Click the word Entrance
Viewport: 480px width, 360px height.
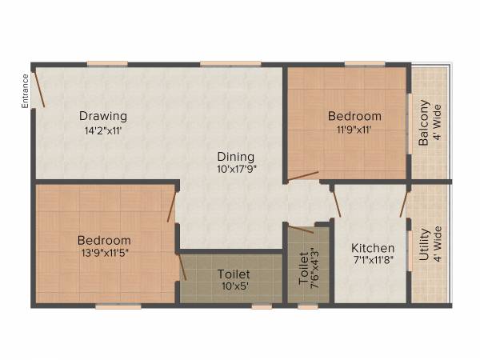[26, 90]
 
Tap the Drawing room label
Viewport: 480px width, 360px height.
[102, 116]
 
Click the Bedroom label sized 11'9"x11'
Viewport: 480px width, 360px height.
[354, 116]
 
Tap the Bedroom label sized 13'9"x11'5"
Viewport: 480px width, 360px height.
[104, 240]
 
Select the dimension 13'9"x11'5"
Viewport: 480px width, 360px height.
[104, 254]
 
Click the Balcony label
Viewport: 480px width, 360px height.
[424, 121]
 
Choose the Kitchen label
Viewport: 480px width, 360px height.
[372, 248]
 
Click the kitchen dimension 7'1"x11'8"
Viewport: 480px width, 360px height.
[373, 262]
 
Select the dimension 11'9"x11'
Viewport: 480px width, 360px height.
[354, 130]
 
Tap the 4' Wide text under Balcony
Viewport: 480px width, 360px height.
[438, 124]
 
